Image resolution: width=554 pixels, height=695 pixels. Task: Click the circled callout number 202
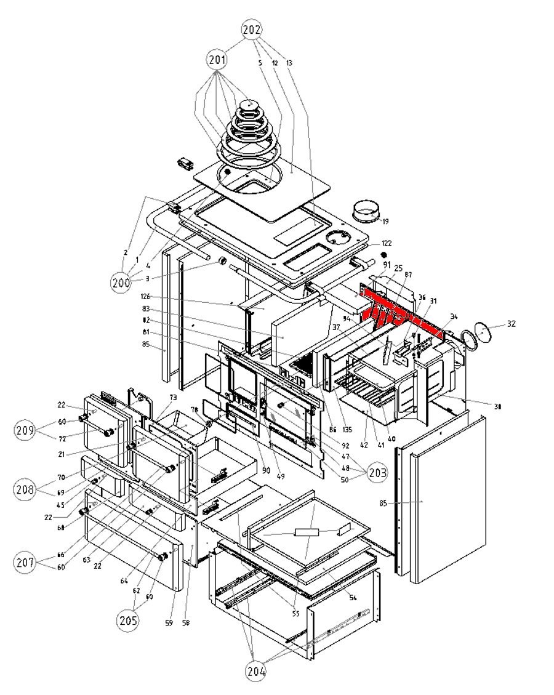click(x=252, y=30)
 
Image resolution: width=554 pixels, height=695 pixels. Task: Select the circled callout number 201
click(x=217, y=60)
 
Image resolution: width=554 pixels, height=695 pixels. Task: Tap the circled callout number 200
click(x=121, y=282)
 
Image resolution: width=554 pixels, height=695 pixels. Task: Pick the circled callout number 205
click(x=126, y=619)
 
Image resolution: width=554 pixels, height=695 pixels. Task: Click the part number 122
click(x=386, y=244)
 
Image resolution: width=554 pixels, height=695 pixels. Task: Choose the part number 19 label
click(x=385, y=221)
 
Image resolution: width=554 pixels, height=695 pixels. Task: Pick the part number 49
click(x=281, y=475)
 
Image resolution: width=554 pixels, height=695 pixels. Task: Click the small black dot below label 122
click(x=383, y=254)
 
